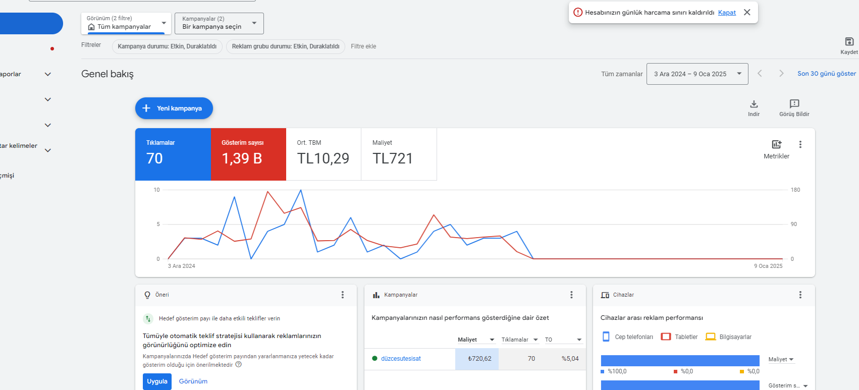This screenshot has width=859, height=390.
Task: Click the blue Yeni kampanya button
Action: pos(174,108)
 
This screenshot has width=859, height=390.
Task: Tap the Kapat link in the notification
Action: pos(727,12)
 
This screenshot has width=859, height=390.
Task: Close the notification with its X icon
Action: pos(747,12)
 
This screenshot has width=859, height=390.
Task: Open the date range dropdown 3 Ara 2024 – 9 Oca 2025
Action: pos(697,74)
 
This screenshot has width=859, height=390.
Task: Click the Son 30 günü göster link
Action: pos(826,74)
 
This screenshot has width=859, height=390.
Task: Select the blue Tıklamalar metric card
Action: pos(173,154)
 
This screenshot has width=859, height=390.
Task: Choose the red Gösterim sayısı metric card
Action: pos(248,154)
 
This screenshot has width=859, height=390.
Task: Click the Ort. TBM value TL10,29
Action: pos(323,158)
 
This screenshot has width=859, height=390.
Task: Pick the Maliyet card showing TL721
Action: pos(399,154)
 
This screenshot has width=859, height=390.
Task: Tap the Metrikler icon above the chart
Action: pos(776,145)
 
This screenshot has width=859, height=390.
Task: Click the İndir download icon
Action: pos(754,104)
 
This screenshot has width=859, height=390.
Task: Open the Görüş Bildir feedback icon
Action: pos(794,104)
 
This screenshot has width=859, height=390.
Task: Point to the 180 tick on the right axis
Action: pos(795,190)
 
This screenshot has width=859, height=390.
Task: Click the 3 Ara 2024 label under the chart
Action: pos(181,266)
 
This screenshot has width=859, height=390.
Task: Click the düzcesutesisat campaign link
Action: pos(401,359)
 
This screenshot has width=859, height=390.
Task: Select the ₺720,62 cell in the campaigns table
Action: pos(476,359)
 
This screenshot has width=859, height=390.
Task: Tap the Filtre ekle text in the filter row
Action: pos(363,46)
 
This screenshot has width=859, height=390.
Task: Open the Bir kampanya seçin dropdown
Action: pos(219,23)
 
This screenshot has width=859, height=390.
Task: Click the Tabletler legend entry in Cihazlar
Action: pos(679,337)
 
